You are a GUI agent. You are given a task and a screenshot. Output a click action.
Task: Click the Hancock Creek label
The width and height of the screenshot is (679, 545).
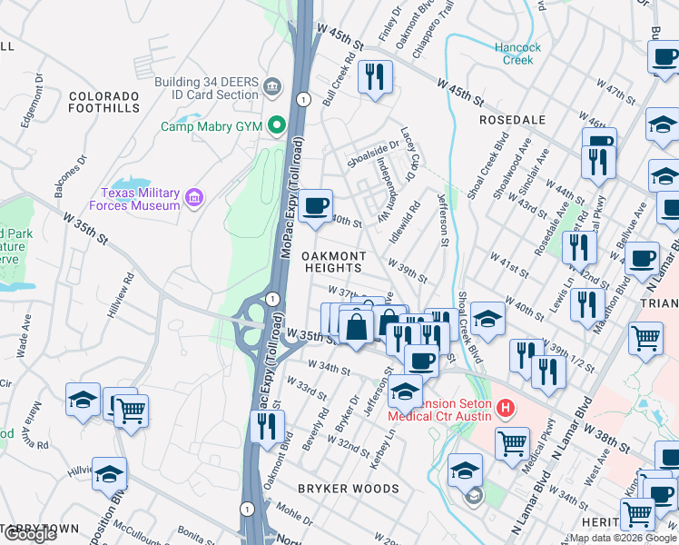517,54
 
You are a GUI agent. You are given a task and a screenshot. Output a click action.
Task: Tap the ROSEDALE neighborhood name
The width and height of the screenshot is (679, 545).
513,120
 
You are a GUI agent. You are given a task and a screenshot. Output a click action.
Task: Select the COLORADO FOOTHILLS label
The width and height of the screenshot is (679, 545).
103,103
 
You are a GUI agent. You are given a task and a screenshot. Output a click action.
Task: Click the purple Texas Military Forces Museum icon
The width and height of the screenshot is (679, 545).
192,198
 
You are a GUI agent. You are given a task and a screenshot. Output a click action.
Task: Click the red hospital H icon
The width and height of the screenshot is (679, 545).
507,409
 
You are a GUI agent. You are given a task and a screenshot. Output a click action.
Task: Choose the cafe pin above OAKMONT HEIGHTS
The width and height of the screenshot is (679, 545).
316,205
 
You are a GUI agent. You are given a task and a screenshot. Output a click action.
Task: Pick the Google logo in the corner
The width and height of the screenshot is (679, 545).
30,534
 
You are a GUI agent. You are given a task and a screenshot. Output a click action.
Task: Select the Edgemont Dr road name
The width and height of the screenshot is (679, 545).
38,107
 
